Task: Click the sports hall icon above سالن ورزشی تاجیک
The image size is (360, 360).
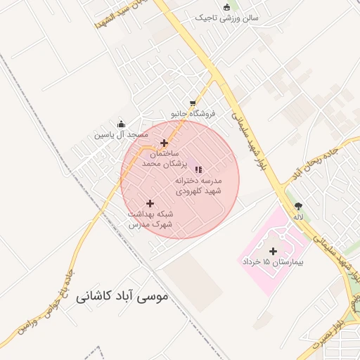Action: point(226,8)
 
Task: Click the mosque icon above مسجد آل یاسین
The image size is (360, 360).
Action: point(121,124)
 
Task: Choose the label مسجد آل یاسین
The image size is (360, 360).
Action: point(122,134)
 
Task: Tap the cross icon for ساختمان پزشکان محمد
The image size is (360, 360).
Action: point(164,143)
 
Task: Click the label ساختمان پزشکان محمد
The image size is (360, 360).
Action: point(162,157)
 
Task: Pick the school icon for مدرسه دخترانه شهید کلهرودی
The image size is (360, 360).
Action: point(198,169)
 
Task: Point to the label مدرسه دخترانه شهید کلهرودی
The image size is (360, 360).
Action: point(198,185)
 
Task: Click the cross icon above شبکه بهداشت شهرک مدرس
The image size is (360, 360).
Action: point(150,203)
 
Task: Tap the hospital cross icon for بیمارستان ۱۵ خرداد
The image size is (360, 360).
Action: point(273,251)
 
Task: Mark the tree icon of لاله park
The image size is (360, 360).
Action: point(299,207)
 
